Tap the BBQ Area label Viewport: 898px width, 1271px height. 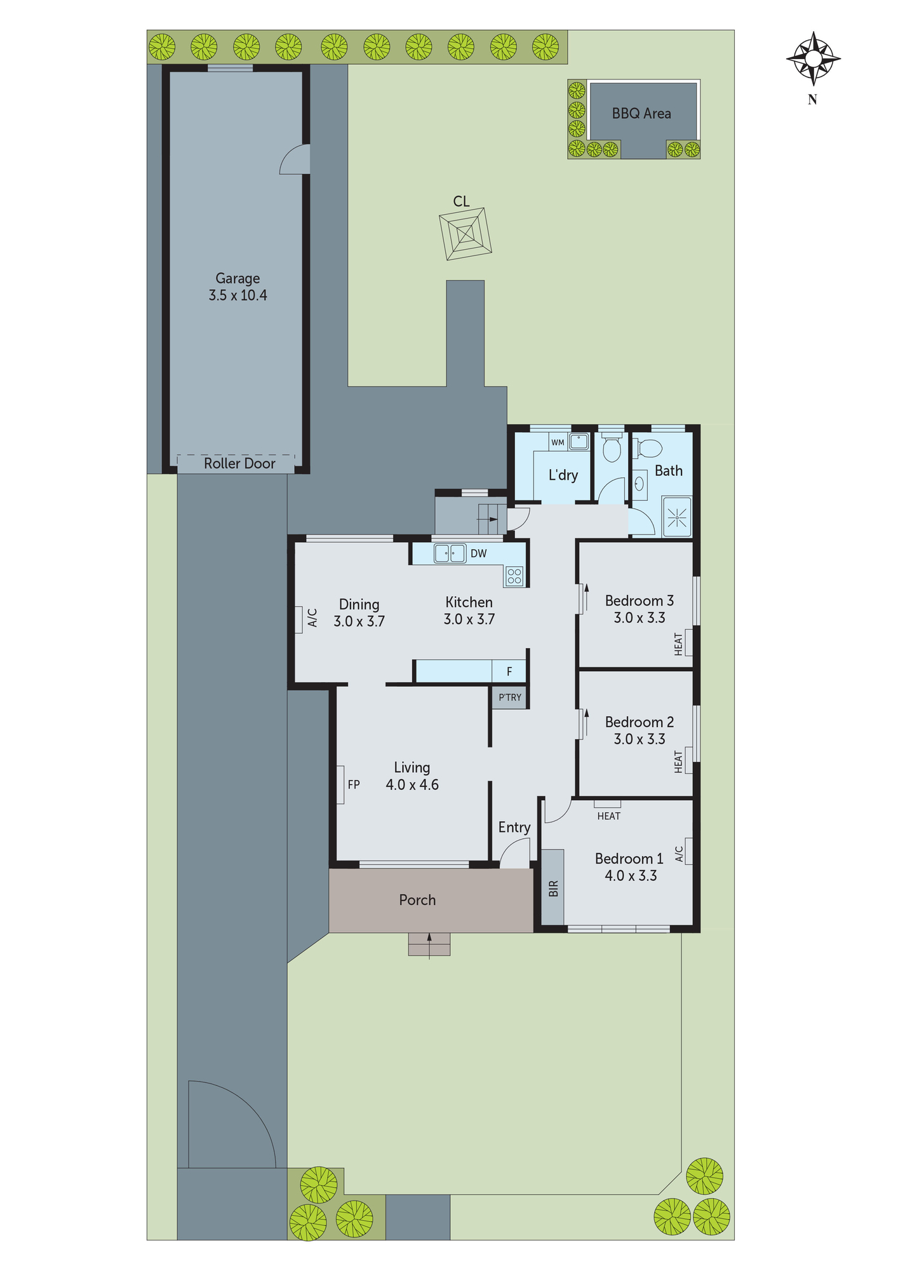tap(641, 114)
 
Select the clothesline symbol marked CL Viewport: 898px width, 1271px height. tap(466, 234)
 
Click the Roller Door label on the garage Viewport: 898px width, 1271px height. tap(239, 464)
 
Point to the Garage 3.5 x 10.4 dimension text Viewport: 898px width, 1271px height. tap(238, 296)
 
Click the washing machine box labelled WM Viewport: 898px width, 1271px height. tap(558, 442)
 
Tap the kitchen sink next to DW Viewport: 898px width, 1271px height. tap(450, 554)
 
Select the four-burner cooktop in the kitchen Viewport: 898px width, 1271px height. tap(514, 576)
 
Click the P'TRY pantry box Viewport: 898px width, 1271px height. tap(510, 698)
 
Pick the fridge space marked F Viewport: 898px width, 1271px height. tap(509, 672)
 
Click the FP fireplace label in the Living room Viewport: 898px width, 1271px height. tap(354, 785)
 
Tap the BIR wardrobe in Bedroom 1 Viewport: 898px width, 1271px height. tap(553, 888)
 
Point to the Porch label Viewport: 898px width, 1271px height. tap(417, 901)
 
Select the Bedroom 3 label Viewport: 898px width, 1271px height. tap(639, 601)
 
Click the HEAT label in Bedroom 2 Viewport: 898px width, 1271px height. tap(678, 762)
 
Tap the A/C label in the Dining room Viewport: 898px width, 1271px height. tap(312, 618)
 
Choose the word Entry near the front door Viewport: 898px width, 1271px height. tap(514, 827)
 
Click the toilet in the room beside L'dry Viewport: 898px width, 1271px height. tap(612, 449)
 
